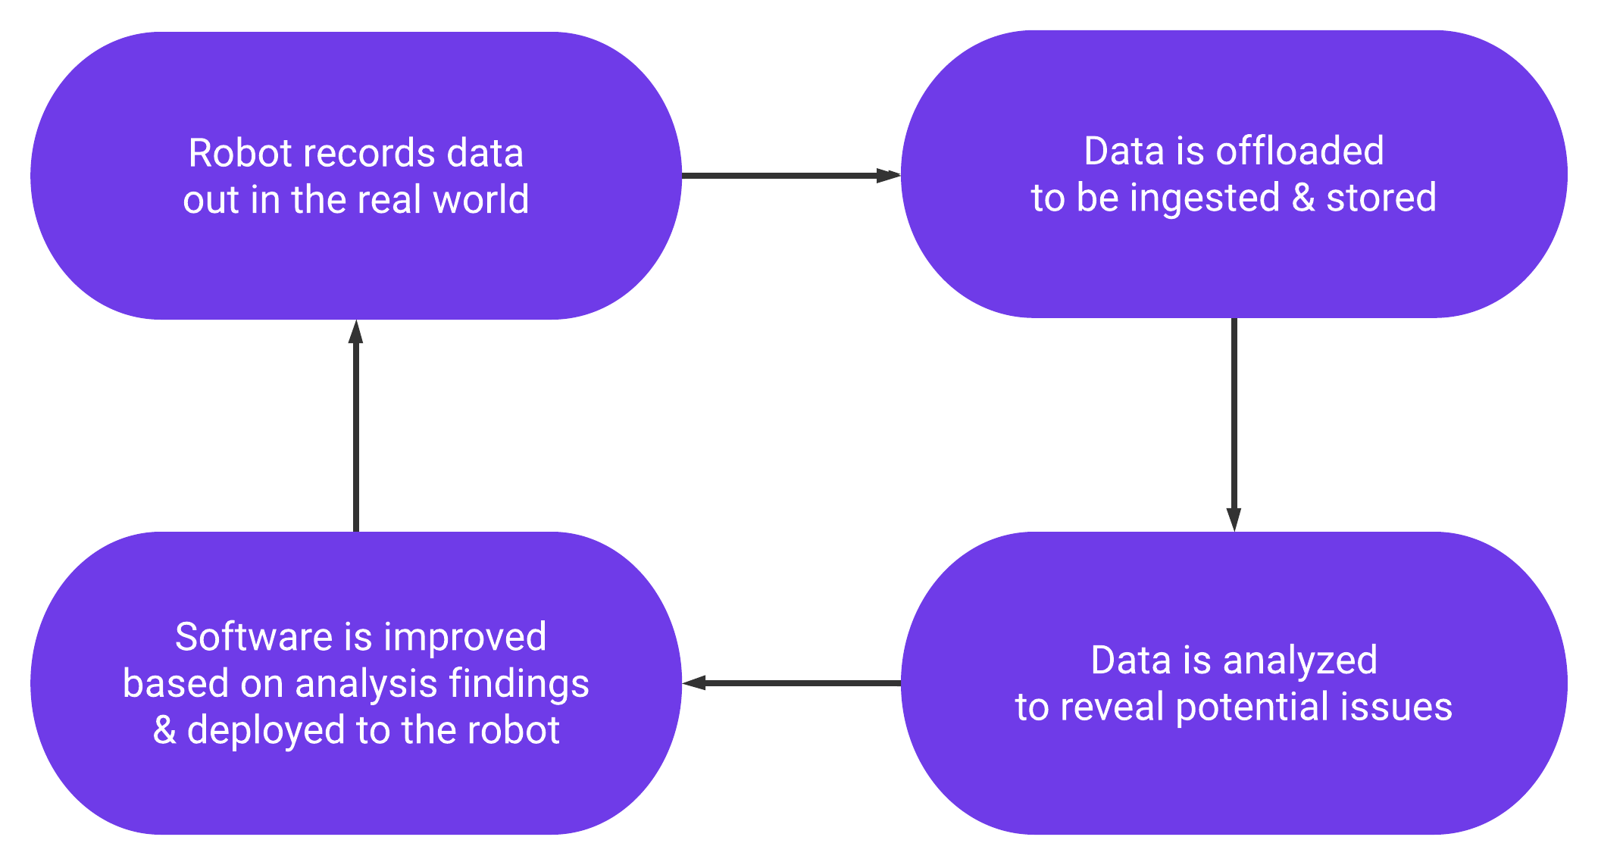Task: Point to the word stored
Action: point(1381,198)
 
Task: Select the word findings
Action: point(519,684)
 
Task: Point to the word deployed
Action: point(265,731)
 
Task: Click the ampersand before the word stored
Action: point(1302,198)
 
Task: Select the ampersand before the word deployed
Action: point(164,731)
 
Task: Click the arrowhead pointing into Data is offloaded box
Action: point(888,176)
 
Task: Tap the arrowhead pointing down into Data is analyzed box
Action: point(1234,520)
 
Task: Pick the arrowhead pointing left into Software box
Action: point(694,683)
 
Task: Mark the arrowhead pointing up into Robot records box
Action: point(355,333)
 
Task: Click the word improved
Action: point(465,637)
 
